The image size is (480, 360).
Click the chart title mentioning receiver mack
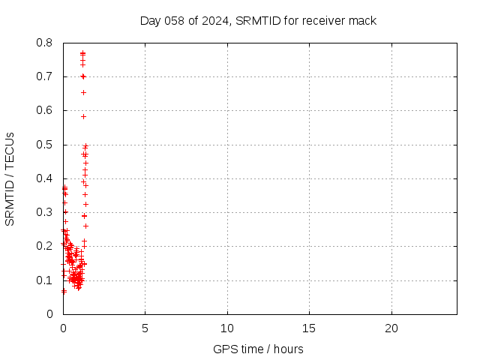point(258,20)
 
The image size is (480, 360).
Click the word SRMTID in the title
point(257,20)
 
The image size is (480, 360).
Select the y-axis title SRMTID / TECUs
point(10,178)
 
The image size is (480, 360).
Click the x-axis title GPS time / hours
point(258,349)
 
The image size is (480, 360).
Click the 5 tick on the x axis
point(145,328)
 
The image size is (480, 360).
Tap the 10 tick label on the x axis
point(227,328)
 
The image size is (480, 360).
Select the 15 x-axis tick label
point(309,328)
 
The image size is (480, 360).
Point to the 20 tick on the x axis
point(391,328)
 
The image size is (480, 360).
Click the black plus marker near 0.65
point(83,92)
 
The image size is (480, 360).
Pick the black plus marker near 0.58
point(83,116)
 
